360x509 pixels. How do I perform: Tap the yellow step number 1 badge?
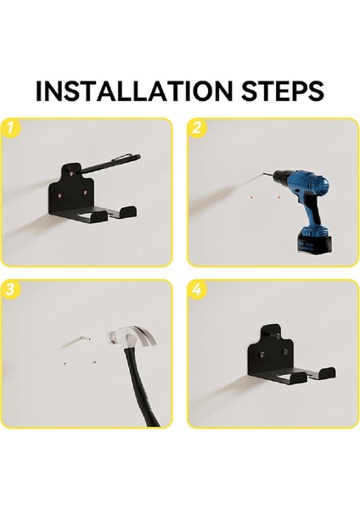(x=10, y=127)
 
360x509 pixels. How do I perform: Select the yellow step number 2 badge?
(x=197, y=127)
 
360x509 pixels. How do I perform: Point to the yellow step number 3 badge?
(x=10, y=288)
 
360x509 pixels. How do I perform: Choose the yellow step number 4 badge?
(x=197, y=288)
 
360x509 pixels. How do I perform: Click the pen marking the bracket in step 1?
(x=109, y=164)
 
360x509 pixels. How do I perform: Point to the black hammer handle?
(x=141, y=386)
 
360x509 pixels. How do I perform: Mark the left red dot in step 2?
(x=251, y=197)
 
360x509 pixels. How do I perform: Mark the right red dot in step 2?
(x=278, y=197)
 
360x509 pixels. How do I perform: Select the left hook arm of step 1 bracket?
(x=99, y=215)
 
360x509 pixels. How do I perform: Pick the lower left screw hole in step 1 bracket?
(x=59, y=195)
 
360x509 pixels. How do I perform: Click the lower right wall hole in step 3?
(x=94, y=362)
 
